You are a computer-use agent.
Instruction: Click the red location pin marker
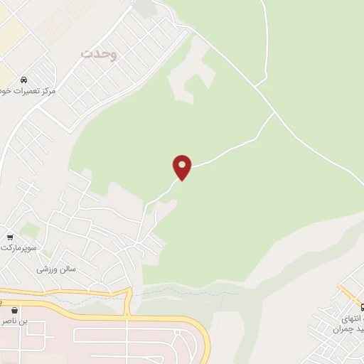tap(183, 168)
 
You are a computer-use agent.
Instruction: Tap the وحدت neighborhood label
tap(99, 53)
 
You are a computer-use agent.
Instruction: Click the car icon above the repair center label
tap(24, 79)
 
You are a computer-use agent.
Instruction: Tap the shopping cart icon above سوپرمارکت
tap(10, 237)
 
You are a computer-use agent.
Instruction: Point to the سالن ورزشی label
tap(56, 270)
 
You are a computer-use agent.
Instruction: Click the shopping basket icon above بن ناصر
tap(14, 310)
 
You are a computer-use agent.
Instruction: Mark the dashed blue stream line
tap(185, 292)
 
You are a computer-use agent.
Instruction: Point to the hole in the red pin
tap(183, 164)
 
